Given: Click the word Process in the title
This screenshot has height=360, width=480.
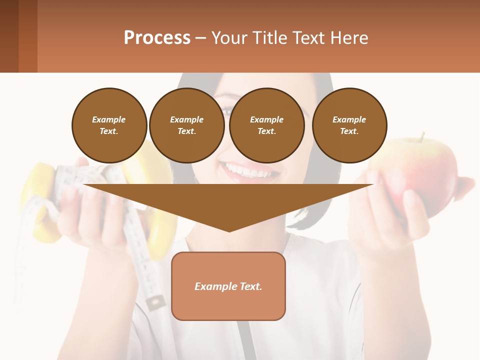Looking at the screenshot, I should click(x=157, y=38).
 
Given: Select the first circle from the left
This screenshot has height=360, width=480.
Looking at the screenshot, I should click(x=109, y=125).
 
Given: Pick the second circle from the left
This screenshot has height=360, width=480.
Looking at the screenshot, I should click(x=186, y=125).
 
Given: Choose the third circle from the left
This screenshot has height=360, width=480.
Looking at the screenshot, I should click(x=266, y=125).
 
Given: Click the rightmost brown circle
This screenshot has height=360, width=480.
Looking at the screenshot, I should click(x=349, y=125).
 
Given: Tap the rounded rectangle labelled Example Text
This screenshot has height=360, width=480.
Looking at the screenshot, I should click(x=228, y=286).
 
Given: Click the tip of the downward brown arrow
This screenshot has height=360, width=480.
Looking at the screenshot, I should click(x=229, y=230).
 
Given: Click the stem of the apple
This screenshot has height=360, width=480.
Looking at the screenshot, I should click(x=423, y=136).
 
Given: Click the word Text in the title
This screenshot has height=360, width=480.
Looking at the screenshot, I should click(x=307, y=38).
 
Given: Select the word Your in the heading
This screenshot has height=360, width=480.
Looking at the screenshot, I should click(x=230, y=38).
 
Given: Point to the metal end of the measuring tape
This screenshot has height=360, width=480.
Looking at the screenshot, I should click(x=156, y=302).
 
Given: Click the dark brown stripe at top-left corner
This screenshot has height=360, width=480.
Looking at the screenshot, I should click(x=9, y=36).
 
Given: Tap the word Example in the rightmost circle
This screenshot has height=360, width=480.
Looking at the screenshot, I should click(x=349, y=119).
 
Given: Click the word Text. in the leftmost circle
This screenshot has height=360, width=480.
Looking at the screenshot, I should click(x=109, y=131).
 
